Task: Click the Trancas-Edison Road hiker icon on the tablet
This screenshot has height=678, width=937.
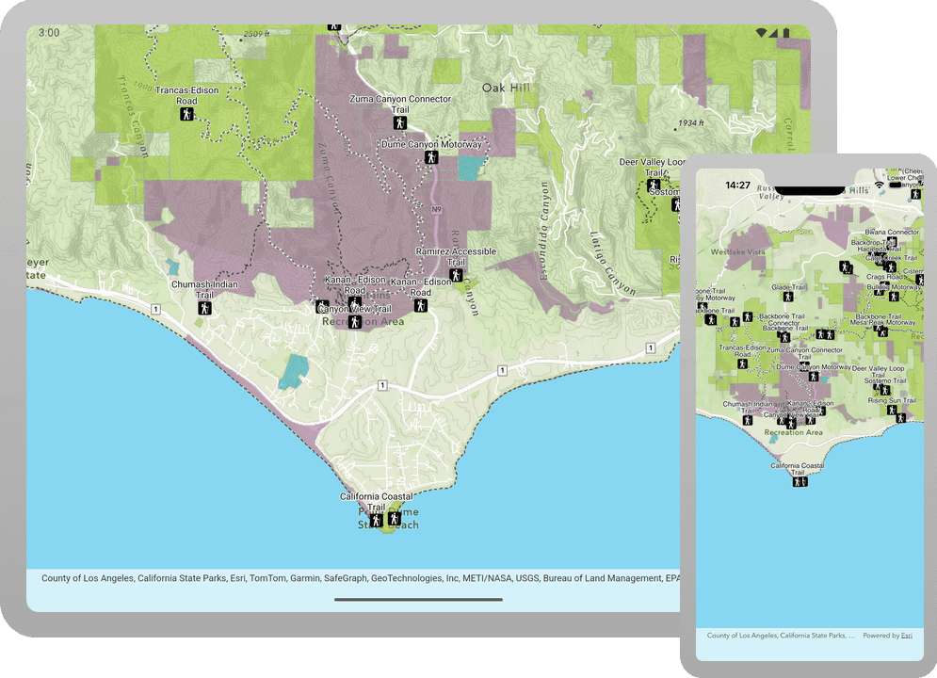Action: pos(187,115)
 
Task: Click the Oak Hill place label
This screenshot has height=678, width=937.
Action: pos(507,88)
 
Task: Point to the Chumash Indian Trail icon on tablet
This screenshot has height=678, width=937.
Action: pos(204,307)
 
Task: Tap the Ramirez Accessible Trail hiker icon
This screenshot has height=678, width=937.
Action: pos(456,275)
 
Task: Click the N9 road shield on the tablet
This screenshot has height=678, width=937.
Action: pos(436,208)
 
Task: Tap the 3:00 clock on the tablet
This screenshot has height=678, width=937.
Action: pos(49,32)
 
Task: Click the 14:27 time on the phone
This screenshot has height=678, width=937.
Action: pos(738,186)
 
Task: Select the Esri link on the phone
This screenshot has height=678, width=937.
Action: pos(906,636)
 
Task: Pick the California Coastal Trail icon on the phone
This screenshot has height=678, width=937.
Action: pos(800,481)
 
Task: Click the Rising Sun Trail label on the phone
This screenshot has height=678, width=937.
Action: pos(892,400)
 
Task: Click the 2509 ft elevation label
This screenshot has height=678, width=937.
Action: pos(256,35)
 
